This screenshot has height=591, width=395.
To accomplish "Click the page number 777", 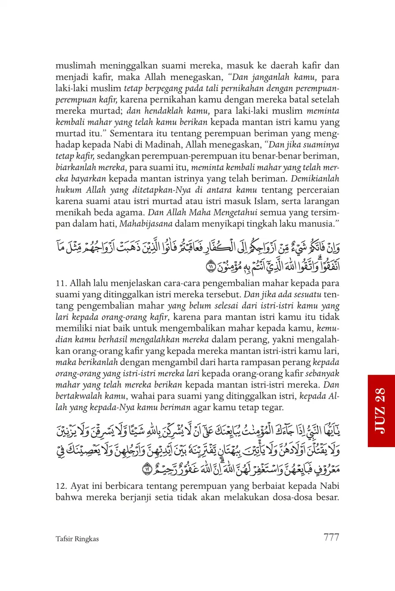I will (x=331, y=537).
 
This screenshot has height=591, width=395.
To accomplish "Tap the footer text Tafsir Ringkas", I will (x=77, y=539).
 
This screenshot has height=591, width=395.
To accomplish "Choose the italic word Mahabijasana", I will (x=146, y=224).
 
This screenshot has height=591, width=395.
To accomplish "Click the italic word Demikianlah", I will (x=315, y=179).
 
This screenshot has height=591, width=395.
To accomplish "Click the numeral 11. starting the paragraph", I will (x=61, y=283).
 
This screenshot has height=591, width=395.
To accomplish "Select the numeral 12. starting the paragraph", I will (x=62, y=486).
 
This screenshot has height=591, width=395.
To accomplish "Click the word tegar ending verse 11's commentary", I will (x=271, y=407).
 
